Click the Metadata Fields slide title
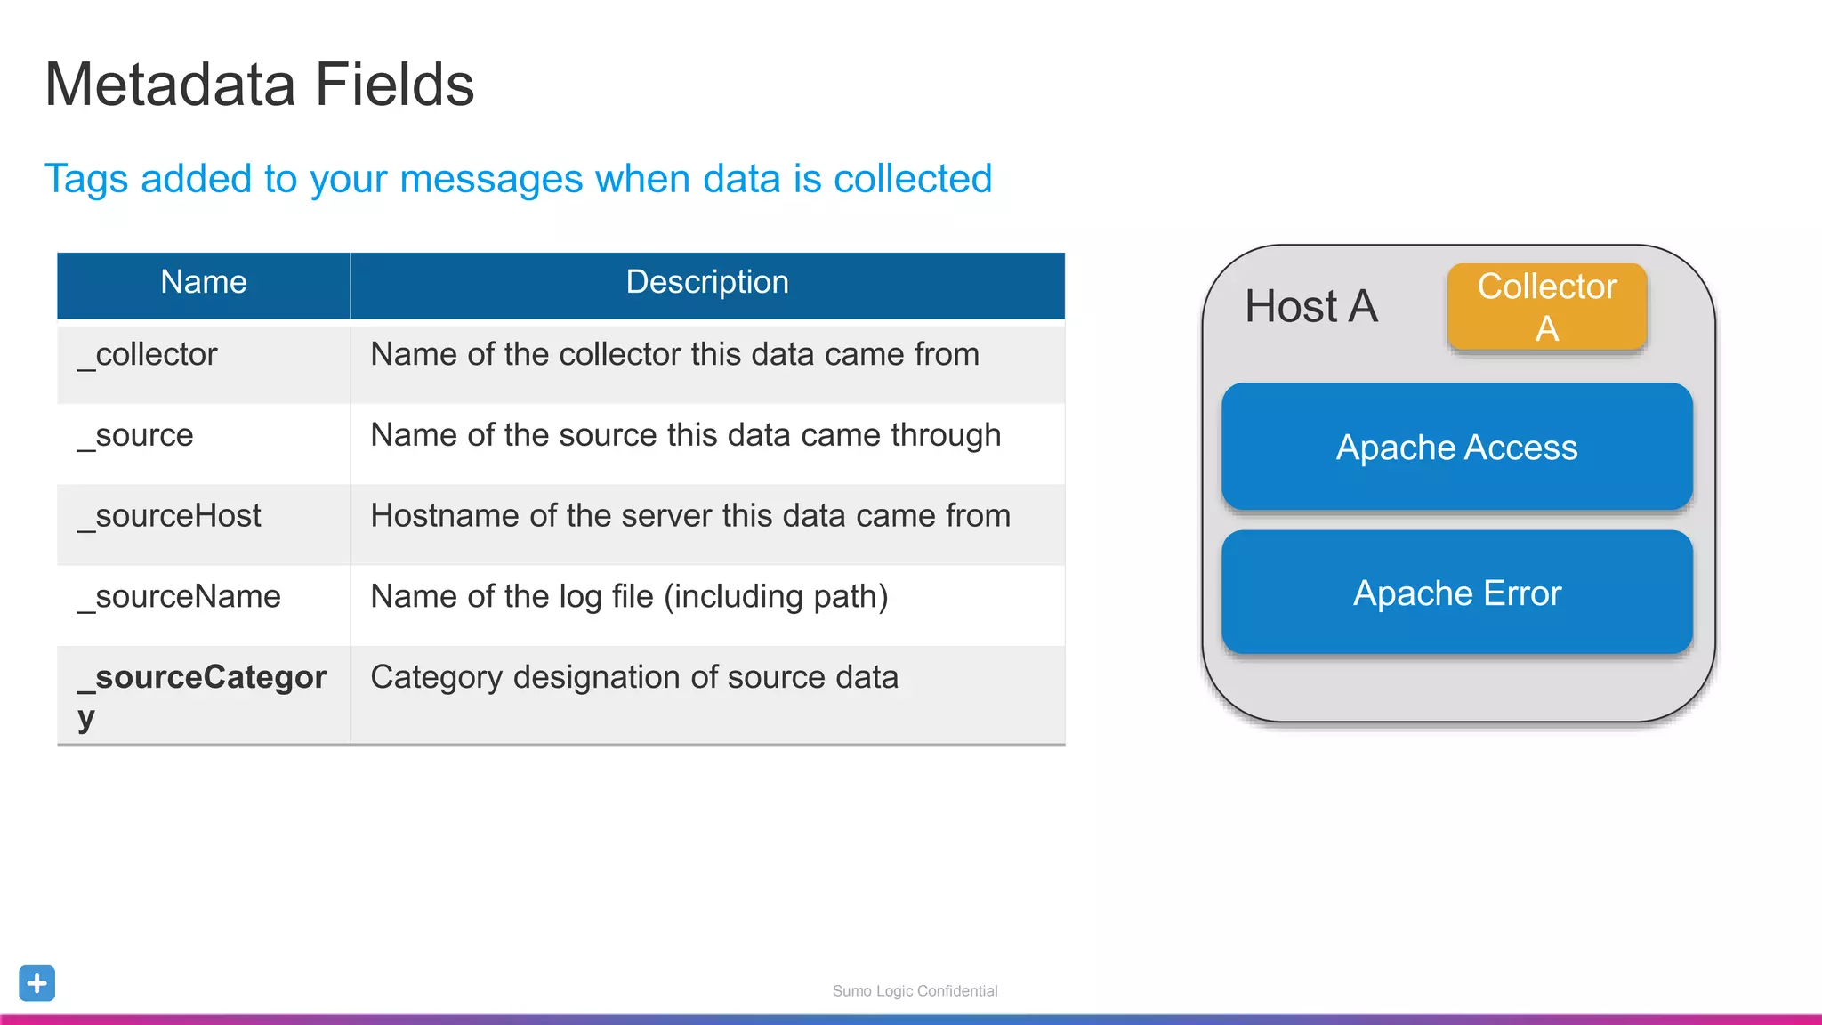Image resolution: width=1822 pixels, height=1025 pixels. [x=259, y=85]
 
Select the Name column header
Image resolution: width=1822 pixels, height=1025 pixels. [x=203, y=282]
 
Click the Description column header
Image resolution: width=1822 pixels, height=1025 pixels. [x=707, y=282]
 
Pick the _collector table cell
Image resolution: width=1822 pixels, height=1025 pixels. [x=148, y=355]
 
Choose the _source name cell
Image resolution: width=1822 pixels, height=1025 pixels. [x=136, y=436]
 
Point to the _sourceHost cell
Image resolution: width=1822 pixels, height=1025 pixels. [x=170, y=517]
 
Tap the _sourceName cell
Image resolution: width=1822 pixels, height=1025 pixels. [x=180, y=597]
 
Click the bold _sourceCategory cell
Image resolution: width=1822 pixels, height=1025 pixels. [x=202, y=694]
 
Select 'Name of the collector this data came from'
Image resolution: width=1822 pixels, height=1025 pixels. [x=674, y=355]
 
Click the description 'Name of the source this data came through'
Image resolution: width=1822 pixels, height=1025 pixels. [x=685, y=436]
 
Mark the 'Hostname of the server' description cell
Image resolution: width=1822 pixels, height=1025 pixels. [x=690, y=517]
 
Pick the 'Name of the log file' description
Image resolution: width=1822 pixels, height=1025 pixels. [x=629, y=597]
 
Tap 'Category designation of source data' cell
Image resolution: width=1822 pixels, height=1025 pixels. [x=634, y=678]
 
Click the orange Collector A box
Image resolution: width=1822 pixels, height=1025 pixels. [x=1546, y=307]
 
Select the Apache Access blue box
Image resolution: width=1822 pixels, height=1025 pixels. [x=1456, y=447]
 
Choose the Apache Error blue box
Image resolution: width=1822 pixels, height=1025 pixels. [x=1456, y=593]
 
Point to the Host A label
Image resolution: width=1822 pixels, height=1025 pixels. [x=1310, y=307]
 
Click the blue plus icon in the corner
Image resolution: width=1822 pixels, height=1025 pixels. [x=37, y=983]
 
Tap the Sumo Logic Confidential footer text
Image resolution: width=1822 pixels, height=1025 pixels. [x=915, y=991]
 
